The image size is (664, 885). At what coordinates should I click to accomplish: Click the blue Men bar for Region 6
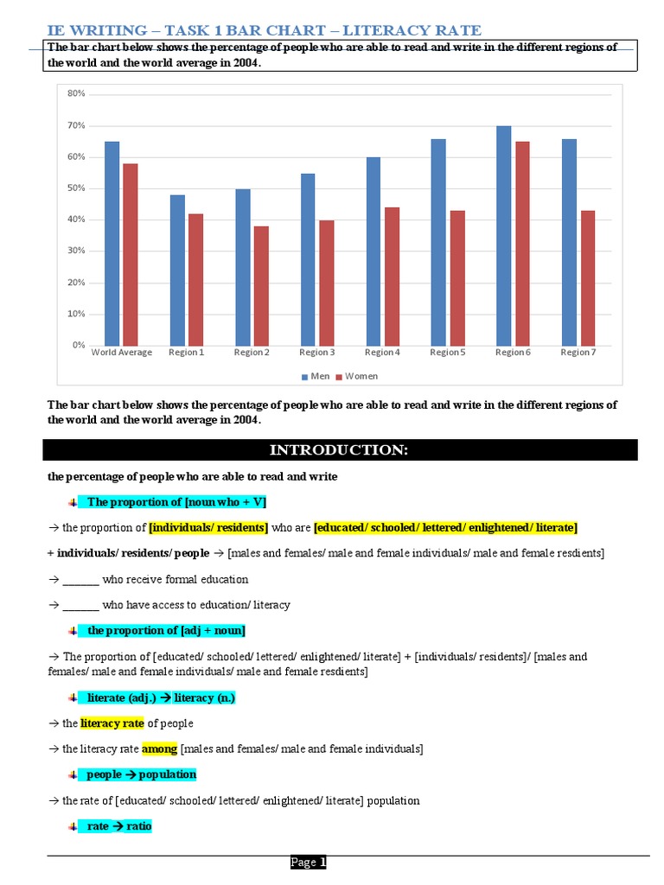(503, 235)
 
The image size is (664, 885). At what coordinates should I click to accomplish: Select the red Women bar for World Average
(131, 254)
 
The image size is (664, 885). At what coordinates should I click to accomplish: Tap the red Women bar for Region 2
(261, 285)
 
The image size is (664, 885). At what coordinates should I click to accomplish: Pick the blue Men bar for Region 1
(177, 270)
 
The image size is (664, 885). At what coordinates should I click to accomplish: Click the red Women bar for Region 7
(589, 277)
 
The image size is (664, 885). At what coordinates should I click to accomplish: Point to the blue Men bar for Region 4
(373, 251)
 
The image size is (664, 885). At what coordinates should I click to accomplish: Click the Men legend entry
(316, 376)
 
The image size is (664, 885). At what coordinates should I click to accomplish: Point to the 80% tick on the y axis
(76, 93)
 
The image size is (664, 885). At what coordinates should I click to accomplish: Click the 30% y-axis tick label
(76, 251)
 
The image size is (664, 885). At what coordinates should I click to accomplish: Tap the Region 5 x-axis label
(447, 353)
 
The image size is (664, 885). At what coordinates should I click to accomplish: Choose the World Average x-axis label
(122, 353)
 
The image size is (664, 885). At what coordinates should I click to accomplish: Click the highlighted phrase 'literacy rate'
(112, 723)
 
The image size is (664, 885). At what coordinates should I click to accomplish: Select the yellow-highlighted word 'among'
(159, 748)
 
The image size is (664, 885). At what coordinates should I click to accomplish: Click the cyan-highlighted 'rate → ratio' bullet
(119, 826)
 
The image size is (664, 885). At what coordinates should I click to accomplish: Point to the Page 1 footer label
(309, 862)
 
